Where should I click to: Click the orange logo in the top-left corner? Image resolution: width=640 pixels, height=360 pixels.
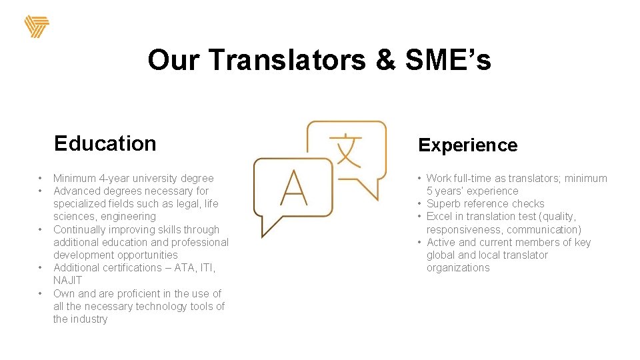point(37,27)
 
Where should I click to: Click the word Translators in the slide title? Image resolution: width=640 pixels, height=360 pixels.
point(287,60)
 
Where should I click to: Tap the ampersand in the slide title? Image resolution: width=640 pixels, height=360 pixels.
point(385,60)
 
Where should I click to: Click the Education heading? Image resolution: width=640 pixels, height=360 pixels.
point(105,143)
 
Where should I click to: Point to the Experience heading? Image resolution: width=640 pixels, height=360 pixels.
point(467,145)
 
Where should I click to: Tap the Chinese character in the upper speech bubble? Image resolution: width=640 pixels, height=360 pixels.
point(346,151)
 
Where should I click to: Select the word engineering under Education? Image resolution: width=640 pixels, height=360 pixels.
point(128,217)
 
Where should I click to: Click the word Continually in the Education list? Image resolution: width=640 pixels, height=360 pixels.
point(79,229)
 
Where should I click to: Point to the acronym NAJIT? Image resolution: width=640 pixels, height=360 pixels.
point(67,281)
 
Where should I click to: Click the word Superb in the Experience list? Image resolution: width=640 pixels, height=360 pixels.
point(443,204)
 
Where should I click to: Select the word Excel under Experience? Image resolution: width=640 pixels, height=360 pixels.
point(440,217)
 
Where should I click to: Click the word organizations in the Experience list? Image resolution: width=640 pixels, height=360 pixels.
point(458,268)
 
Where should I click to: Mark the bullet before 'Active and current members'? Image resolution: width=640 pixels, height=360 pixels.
point(420,243)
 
